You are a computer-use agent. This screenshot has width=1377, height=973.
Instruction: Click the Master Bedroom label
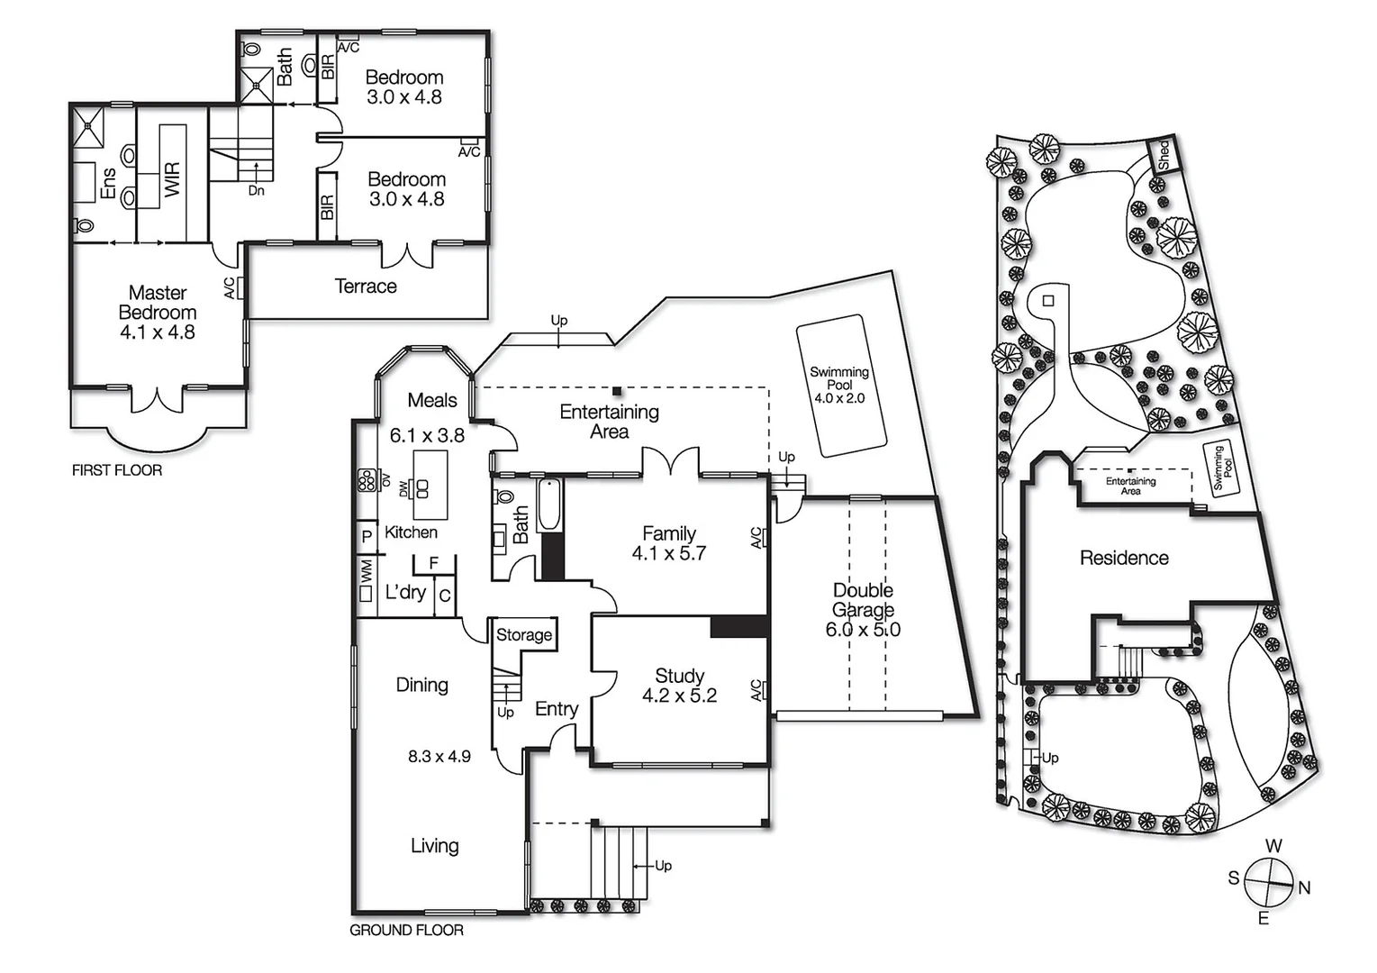(158, 303)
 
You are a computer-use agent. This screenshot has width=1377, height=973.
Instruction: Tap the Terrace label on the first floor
(366, 286)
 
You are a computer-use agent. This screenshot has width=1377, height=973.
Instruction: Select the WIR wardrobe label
(173, 179)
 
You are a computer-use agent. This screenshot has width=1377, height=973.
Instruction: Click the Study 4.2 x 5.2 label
(679, 686)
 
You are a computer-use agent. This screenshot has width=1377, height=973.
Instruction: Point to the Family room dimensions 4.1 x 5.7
(668, 554)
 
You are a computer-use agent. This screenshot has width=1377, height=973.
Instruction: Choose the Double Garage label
(863, 600)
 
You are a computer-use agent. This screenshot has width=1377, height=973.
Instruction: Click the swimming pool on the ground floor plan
(841, 385)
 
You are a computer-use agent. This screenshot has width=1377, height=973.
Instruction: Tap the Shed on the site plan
(1163, 155)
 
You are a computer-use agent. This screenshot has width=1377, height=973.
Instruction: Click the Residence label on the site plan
(1124, 558)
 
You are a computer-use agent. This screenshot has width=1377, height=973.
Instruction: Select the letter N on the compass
(1304, 887)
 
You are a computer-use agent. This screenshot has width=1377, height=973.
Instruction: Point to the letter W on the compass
(1273, 846)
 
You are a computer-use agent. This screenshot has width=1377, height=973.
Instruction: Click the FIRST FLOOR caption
(117, 470)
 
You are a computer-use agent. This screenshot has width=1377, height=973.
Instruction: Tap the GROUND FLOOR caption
(406, 930)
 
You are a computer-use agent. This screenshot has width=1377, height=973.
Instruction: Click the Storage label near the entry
(524, 634)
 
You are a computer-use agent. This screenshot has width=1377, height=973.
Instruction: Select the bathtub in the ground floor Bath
(548, 505)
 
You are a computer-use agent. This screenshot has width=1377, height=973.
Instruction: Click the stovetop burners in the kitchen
(367, 481)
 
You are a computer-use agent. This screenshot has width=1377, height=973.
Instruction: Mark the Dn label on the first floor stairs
(257, 191)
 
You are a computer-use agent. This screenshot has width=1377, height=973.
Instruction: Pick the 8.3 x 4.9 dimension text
(439, 757)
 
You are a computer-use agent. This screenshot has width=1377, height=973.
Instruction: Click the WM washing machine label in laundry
(367, 570)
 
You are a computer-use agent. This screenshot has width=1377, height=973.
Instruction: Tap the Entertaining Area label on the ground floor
(610, 422)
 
